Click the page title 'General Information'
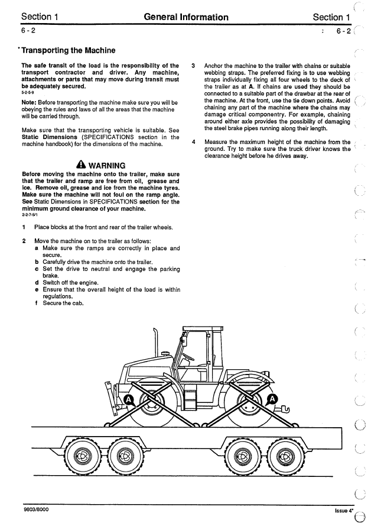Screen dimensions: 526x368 [185, 17]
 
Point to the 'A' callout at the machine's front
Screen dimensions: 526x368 [125, 401]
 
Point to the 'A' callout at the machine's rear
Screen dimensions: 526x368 [272, 399]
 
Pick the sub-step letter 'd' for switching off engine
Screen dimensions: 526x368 [37, 282]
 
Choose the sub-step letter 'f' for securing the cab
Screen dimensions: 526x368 [37, 304]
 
